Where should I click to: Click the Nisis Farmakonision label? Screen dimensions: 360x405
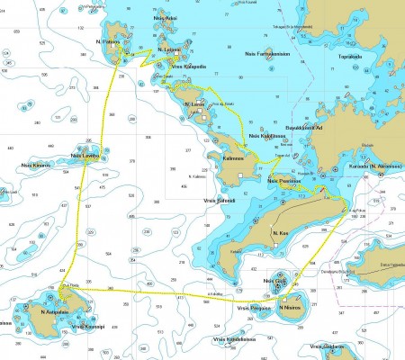(267, 53)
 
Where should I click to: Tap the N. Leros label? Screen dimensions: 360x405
(193, 105)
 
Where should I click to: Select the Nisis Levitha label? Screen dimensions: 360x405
(84, 157)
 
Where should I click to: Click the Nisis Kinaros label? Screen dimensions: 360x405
(34, 166)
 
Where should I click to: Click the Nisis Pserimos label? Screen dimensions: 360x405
(284, 180)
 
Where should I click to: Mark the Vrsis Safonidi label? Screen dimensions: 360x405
(220, 200)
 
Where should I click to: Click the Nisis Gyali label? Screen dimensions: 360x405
(274, 281)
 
